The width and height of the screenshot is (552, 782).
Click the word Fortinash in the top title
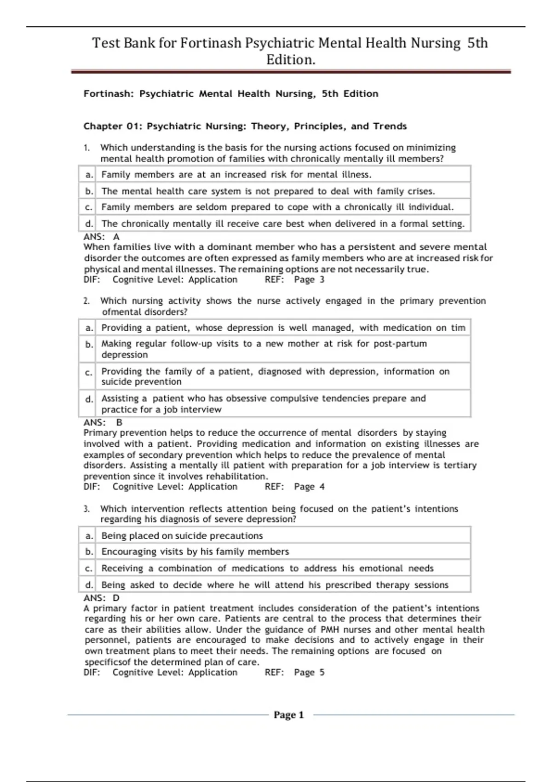point(211,43)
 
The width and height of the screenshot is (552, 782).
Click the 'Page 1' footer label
point(288,715)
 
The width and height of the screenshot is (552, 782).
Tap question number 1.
point(86,148)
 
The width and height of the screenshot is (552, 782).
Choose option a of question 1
point(236,174)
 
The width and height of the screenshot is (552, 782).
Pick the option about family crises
point(268,191)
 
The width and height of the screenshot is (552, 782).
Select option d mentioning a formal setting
point(282,224)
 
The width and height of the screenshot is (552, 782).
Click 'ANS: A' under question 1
point(101,236)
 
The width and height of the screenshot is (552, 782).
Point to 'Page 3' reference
point(309,280)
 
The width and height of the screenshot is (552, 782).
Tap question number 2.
point(86,301)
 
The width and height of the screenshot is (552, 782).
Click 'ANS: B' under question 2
point(103,422)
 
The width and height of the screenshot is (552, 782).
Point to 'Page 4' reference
point(309,487)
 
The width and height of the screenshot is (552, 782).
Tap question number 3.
point(86,509)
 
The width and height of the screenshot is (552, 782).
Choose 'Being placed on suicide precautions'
point(182,535)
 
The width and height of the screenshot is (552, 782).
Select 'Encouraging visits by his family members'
point(195,552)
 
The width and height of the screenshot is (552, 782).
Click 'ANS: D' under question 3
point(101,598)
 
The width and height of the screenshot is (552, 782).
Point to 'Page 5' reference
point(309,673)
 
